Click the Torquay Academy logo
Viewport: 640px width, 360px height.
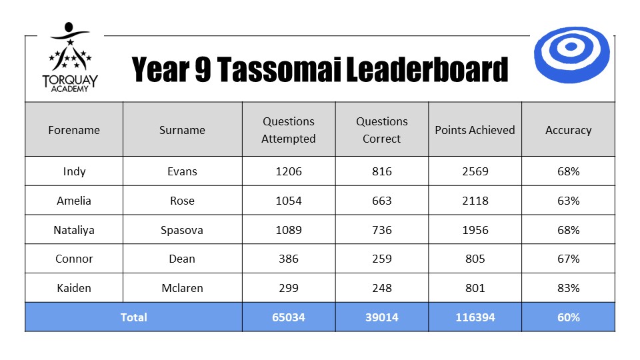(70, 57)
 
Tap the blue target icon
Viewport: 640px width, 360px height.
(571, 55)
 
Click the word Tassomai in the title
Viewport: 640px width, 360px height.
(279, 69)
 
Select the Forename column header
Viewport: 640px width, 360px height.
(74, 130)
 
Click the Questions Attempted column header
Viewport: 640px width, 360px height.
(289, 130)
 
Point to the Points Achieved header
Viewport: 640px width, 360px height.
(475, 130)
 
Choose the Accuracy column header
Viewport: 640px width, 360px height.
(568, 130)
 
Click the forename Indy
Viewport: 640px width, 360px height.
(74, 171)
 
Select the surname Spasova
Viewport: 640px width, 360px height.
(182, 230)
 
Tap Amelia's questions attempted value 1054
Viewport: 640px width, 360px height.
(289, 201)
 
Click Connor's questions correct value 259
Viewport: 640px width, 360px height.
(381, 259)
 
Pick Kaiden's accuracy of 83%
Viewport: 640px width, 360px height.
(568, 288)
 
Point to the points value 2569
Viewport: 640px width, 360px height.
(475, 171)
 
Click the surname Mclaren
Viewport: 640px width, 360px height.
(182, 288)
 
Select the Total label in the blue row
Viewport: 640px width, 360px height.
(133, 317)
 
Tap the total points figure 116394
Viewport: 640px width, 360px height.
(475, 317)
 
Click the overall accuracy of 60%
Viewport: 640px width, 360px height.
(568, 317)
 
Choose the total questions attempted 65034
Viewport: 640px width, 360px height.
(289, 317)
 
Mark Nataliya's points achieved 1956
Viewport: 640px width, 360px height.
(475, 230)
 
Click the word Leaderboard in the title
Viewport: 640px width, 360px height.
(427, 69)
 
